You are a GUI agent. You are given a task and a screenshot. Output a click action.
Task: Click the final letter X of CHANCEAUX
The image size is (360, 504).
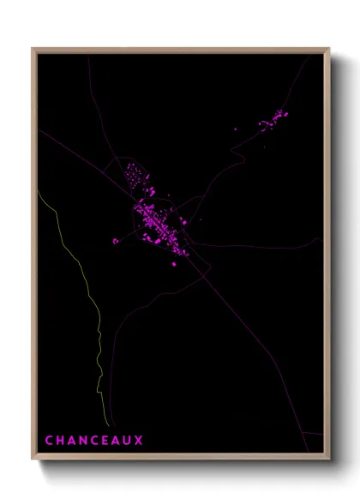coord(140,441)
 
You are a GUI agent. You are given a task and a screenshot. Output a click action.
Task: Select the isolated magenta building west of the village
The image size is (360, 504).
coord(116,242)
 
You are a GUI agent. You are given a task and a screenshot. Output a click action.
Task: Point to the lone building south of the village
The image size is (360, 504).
coord(174,264)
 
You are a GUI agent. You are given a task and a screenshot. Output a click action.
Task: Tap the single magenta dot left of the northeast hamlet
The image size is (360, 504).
coord(236,130)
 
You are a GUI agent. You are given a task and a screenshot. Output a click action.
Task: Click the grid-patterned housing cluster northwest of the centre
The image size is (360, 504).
coord(135,176)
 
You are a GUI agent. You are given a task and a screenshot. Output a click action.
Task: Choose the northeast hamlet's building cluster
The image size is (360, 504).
coord(274,119)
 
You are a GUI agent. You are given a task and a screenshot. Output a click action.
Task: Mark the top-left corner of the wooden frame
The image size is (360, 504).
coord(33,49)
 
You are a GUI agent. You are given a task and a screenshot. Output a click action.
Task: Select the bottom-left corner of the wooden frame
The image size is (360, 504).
coord(33,461)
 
